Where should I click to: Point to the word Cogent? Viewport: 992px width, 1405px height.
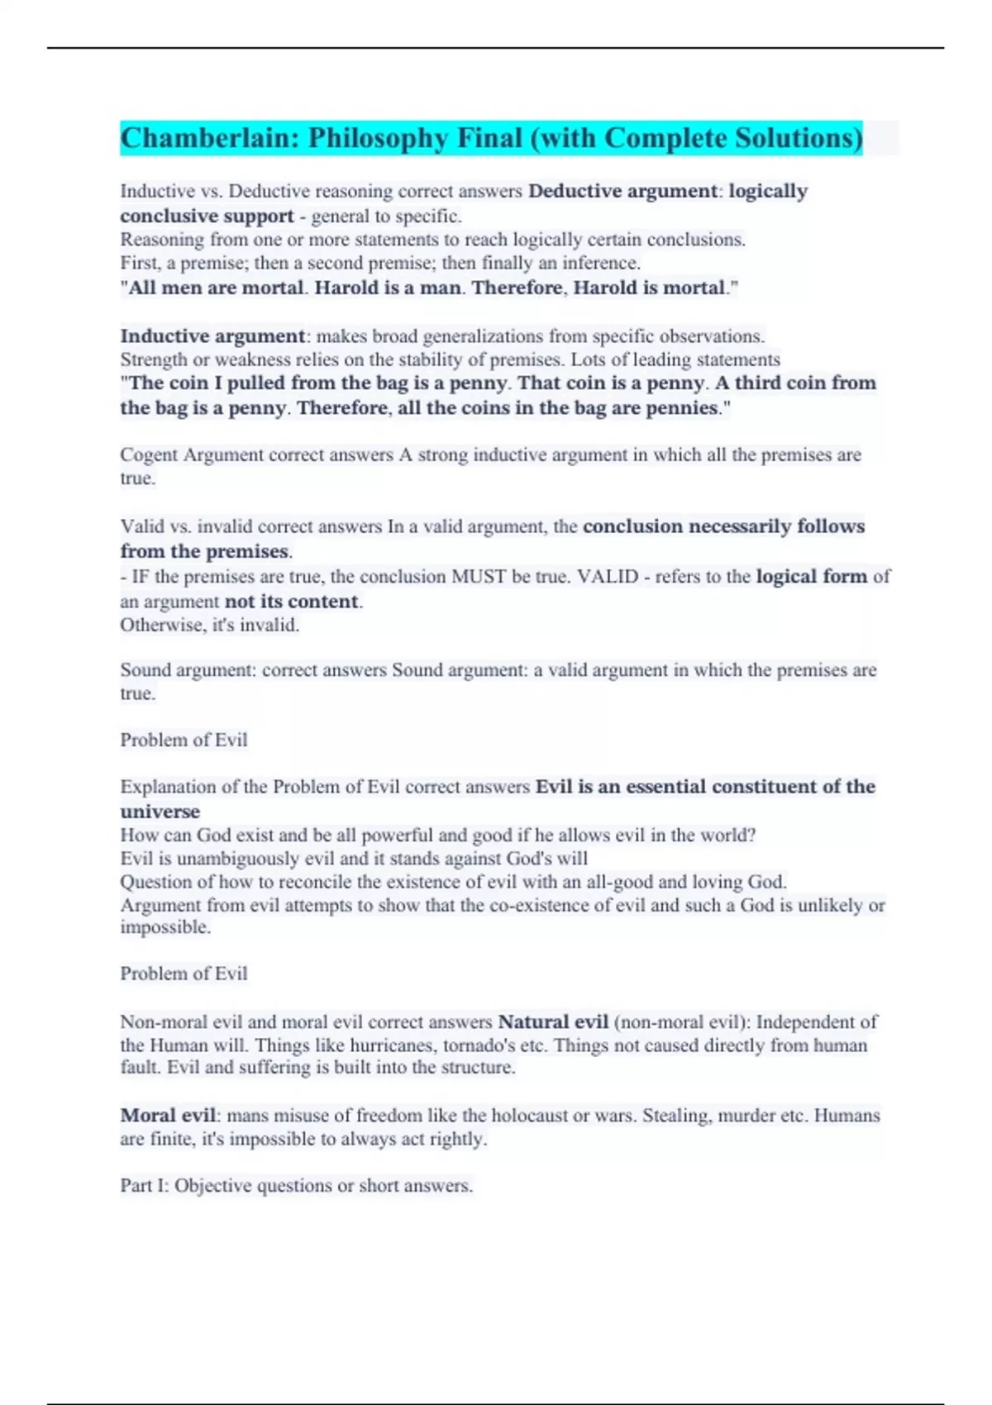click(x=149, y=455)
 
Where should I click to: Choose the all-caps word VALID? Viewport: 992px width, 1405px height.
click(x=608, y=576)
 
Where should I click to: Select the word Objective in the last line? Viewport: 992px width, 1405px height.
click(x=212, y=1185)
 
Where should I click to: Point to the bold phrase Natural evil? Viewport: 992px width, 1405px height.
click(x=553, y=1022)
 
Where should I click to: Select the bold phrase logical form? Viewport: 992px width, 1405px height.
click(x=811, y=576)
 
